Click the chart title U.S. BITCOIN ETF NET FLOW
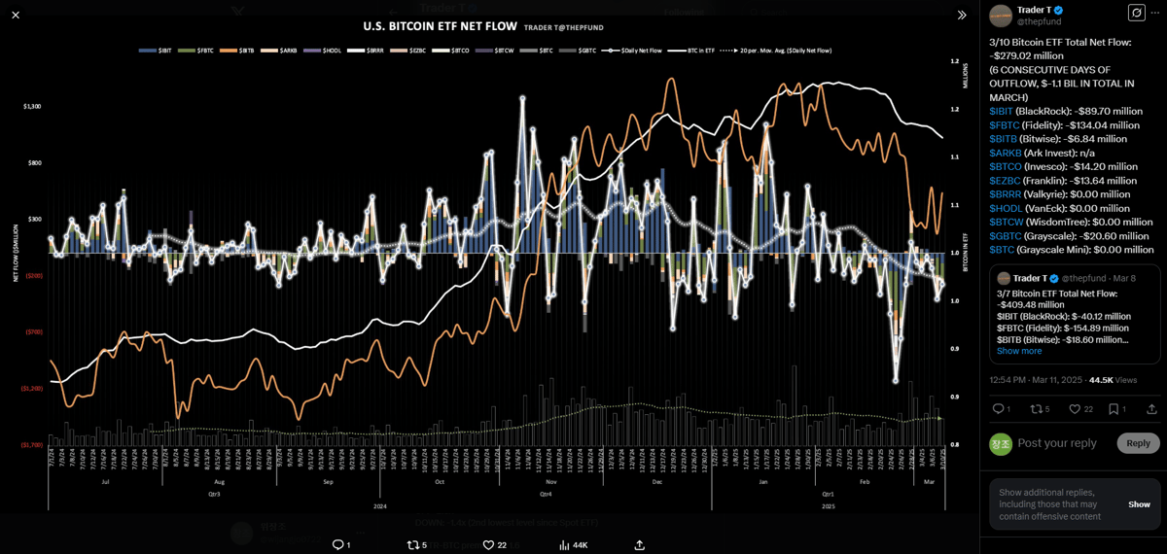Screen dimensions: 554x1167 (x=440, y=26)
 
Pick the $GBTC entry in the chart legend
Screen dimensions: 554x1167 (x=586, y=51)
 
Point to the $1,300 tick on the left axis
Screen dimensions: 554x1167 (x=32, y=106)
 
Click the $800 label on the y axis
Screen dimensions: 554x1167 (x=34, y=163)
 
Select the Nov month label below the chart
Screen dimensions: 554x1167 (x=551, y=481)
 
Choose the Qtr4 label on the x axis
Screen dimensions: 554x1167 (x=546, y=494)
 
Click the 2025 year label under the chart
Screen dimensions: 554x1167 (x=828, y=506)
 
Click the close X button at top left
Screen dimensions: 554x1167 (x=16, y=15)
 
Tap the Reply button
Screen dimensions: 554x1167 (x=1138, y=443)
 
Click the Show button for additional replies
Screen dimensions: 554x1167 (x=1139, y=504)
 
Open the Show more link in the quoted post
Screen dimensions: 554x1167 (x=1019, y=351)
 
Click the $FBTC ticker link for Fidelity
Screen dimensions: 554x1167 (x=1004, y=125)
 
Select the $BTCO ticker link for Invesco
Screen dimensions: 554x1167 (x=1005, y=166)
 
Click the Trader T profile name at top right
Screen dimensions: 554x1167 (x=1033, y=10)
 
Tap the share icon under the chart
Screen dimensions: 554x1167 (x=639, y=545)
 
